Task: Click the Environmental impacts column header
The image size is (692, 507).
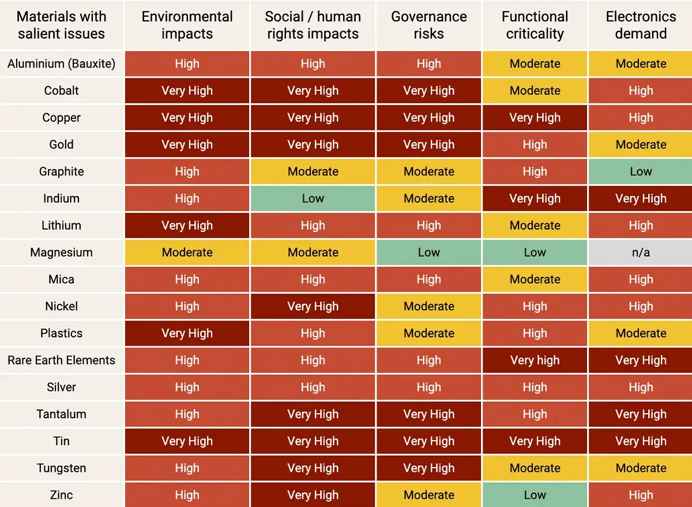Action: [x=187, y=25]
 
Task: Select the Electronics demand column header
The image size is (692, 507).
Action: [x=641, y=25]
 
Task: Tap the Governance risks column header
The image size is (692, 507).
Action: [x=428, y=25]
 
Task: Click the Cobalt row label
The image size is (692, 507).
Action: [x=61, y=91]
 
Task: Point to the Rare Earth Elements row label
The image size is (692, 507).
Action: [x=61, y=360]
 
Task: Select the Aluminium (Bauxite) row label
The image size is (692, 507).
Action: [x=61, y=63]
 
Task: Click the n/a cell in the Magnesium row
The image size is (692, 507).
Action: [x=641, y=253]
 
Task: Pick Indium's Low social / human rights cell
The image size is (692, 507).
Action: [x=313, y=198]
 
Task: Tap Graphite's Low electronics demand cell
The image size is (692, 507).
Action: [x=641, y=171]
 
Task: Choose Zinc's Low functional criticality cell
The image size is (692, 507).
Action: [x=535, y=495]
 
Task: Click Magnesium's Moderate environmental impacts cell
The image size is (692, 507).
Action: [x=187, y=253]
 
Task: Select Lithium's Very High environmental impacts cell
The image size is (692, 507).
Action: [x=187, y=226]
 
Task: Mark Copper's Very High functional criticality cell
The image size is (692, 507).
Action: [x=535, y=118]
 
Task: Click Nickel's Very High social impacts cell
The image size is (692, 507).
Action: [x=313, y=306]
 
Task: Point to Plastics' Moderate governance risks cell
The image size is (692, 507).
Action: [x=428, y=333]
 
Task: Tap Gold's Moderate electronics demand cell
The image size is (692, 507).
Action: [x=641, y=145]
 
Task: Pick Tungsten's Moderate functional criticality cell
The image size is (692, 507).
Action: [x=535, y=468]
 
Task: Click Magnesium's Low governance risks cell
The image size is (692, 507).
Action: [x=428, y=253]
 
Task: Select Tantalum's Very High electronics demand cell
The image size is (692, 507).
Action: [x=641, y=414]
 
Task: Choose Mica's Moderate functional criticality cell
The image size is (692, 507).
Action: [x=535, y=279]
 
